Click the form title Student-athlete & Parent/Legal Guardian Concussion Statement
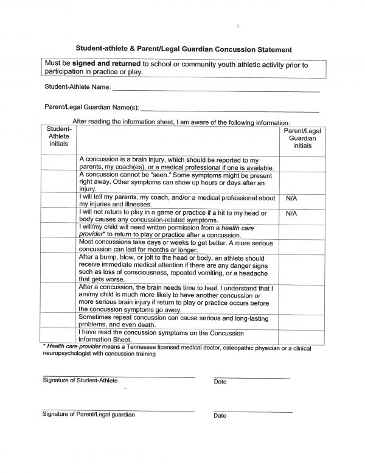click(182, 48)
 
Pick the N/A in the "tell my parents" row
click(291, 198)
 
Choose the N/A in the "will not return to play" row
click(291, 214)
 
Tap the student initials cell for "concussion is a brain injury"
click(59, 163)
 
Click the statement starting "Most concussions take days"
click(176, 246)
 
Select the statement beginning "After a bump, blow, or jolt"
click(176, 268)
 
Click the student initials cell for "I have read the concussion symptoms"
click(59, 337)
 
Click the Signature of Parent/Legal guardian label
click(89, 414)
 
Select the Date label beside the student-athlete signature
click(220, 382)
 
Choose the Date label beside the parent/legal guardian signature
click(220, 416)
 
